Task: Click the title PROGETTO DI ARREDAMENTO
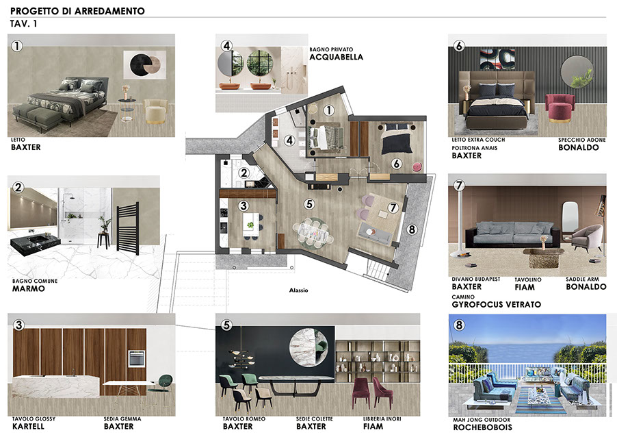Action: pyautogui.click(x=77, y=11)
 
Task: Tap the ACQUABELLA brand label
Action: pyautogui.click(x=336, y=57)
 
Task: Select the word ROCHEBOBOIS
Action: pyautogui.click(x=482, y=427)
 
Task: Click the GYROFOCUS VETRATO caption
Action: pyautogui.click(x=496, y=305)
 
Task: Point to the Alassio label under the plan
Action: pyautogui.click(x=299, y=290)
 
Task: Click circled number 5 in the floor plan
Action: pyautogui.click(x=309, y=204)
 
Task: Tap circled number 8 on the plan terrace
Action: pyautogui.click(x=412, y=229)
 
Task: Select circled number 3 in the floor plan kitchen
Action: pyautogui.click(x=244, y=205)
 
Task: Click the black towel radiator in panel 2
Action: pyautogui.click(x=127, y=229)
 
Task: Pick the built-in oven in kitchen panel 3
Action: pyautogui.click(x=137, y=359)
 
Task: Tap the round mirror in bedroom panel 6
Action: pyautogui.click(x=577, y=72)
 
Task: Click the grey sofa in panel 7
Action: pyautogui.click(x=513, y=234)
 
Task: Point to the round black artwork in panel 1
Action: pyautogui.click(x=142, y=64)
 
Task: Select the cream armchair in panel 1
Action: pyautogui.click(x=156, y=112)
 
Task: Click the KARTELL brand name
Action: pyautogui.click(x=28, y=427)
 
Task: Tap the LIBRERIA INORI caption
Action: pyautogui.click(x=382, y=419)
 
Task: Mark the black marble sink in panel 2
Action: pyautogui.click(x=36, y=242)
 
